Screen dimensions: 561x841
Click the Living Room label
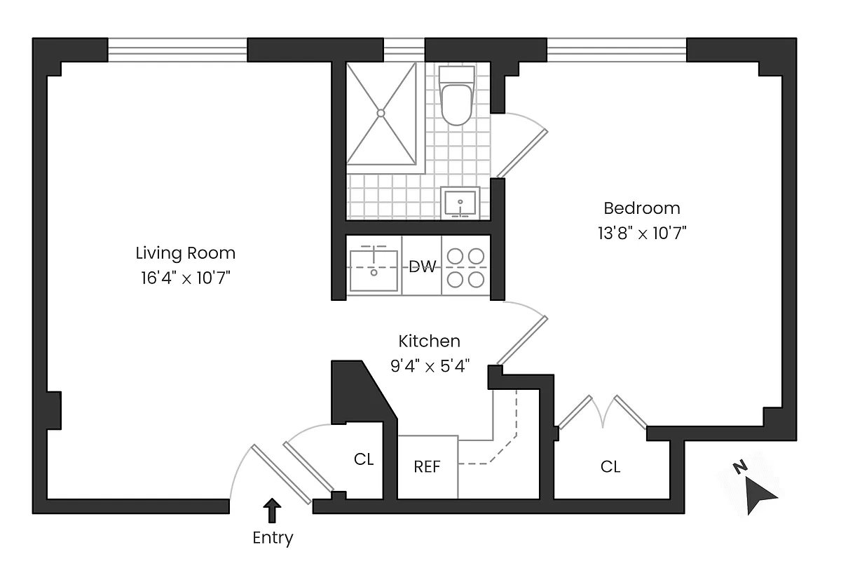click(x=185, y=252)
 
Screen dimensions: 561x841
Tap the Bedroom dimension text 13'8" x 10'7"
click(x=641, y=234)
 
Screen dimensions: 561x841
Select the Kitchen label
click(x=429, y=342)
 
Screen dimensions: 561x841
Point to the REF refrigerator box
click(x=428, y=466)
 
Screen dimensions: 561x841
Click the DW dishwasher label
click(x=422, y=266)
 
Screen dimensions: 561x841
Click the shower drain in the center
click(x=381, y=112)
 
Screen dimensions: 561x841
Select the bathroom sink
click(x=460, y=202)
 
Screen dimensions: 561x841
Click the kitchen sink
click(x=374, y=270)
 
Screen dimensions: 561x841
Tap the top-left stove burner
click(x=456, y=257)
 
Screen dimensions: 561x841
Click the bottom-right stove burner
click(x=476, y=279)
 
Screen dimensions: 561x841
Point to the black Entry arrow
click(x=273, y=511)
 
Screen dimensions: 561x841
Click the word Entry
click(x=273, y=538)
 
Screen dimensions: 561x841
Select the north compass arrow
click(x=758, y=494)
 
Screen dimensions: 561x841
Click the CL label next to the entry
click(x=364, y=460)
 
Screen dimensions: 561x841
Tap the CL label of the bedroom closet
click(x=610, y=466)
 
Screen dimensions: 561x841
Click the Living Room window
click(x=177, y=50)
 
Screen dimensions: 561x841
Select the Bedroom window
click(x=617, y=50)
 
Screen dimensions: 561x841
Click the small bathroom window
click(x=404, y=50)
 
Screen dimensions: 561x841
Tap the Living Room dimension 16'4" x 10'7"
click(x=185, y=278)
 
